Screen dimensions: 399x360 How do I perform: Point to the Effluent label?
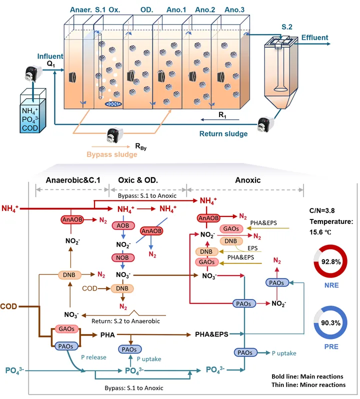314,37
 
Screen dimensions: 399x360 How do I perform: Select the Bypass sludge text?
112,154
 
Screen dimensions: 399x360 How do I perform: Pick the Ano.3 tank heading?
235,9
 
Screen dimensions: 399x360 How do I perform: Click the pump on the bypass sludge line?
115,134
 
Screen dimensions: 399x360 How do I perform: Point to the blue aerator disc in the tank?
115,104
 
